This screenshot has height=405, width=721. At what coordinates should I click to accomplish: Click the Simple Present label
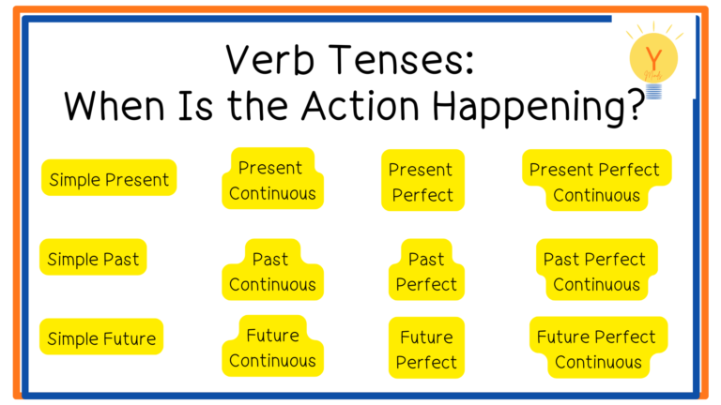point(109,178)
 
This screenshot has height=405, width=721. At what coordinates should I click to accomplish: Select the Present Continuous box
point(272,179)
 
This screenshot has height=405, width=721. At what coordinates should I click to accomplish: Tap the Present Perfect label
point(422,180)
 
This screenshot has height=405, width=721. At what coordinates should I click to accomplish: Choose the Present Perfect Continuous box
point(596,180)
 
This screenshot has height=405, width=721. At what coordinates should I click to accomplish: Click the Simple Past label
point(93,257)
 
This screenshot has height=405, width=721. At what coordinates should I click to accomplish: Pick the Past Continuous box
point(272,270)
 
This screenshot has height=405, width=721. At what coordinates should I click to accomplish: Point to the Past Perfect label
point(426,270)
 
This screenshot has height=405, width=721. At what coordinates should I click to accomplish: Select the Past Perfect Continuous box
point(596,270)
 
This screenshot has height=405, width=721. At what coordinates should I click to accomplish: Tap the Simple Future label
point(101,337)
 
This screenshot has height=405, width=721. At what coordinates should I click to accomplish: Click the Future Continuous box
point(272,346)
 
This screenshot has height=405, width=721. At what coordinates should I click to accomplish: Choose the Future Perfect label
point(426,348)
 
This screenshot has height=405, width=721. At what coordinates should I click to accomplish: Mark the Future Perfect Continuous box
point(598,348)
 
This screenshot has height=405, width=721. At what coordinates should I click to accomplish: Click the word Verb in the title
point(270,60)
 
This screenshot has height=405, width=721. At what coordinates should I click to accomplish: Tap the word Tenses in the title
point(401,60)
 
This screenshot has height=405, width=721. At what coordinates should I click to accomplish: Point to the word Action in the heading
point(360,106)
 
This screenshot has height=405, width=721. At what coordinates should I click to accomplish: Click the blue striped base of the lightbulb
point(653,91)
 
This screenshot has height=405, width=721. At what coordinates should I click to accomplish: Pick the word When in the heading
point(114,106)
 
